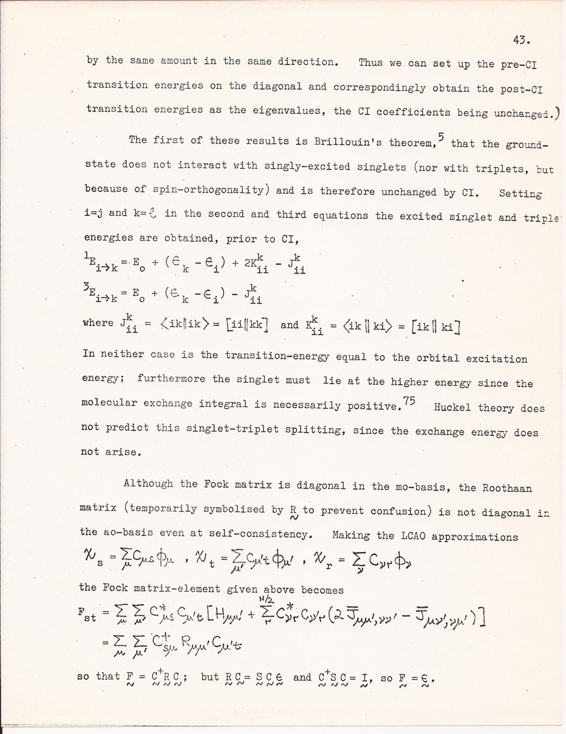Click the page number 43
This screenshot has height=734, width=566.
point(521,42)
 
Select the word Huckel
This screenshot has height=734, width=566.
point(453,407)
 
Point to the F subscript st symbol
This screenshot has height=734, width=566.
point(89,616)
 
